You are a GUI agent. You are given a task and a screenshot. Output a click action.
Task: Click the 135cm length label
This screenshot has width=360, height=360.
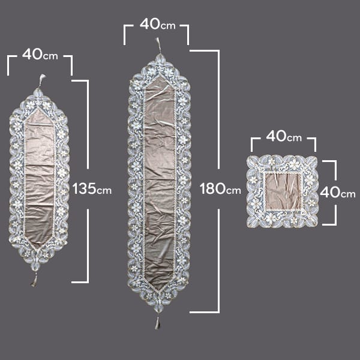tap(92, 189)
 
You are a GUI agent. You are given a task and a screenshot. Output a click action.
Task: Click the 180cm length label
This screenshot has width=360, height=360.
tap(220, 189)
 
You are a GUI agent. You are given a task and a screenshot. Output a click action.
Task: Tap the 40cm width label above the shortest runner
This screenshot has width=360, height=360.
tap(40, 55)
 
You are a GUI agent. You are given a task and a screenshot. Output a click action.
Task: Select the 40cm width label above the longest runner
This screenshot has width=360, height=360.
tap(157, 24)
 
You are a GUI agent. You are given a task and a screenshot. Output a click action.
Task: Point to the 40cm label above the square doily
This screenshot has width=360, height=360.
tap(284, 136)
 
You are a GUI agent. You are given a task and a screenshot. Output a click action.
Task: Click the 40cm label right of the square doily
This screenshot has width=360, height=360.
tap(337, 192)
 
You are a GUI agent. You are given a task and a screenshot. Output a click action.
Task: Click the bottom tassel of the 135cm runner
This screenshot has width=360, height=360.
tap(34, 281)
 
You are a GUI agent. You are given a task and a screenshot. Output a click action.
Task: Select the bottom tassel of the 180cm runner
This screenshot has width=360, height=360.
tap(157, 323)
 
